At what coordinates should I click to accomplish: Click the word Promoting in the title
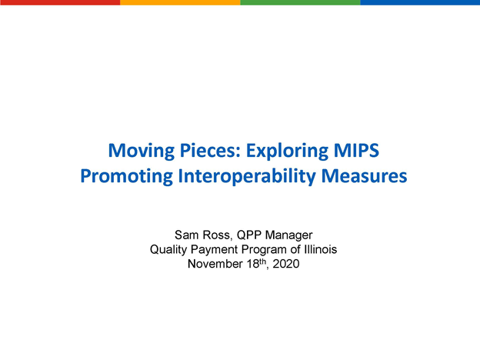(125, 176)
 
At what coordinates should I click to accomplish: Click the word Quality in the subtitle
(168, 250)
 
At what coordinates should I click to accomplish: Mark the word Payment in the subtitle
(212, 250)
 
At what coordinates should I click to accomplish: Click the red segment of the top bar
(60, 2)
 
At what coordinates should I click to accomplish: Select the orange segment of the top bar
(180, 2)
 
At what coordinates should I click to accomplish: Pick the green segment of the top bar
(300, 2)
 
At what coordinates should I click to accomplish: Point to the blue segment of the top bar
(420, 2)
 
